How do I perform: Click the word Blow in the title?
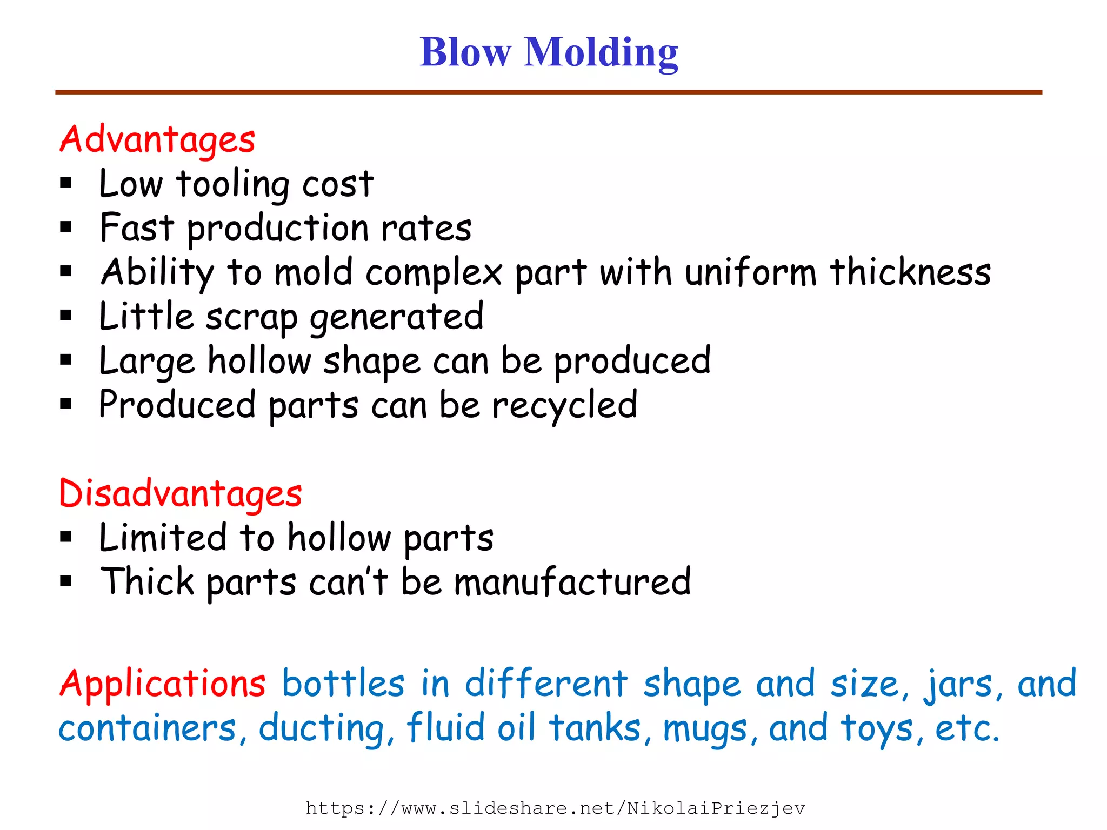[x=465, y=52]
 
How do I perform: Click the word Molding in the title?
[x=601, y=53]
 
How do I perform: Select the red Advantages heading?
[x=157, y=139]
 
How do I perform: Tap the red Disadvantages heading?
[x=180, y=493]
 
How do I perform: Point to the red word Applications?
[x=162, y=684]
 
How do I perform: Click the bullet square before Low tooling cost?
[x=66, y=183]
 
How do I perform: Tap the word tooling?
[x=233, y=185]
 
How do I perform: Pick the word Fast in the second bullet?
[x=137, y=227]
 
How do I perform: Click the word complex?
[x=434, y=273]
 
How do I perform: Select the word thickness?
[x=910, y=272]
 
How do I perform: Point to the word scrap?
[x=251, y=318]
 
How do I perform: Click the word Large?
[x=146, y=362]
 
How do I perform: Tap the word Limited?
[x=163, y=538]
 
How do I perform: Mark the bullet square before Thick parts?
[x=66, y=581]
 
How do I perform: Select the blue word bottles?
[x=343, y=684]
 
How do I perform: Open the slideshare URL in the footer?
[x=555, y=808]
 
